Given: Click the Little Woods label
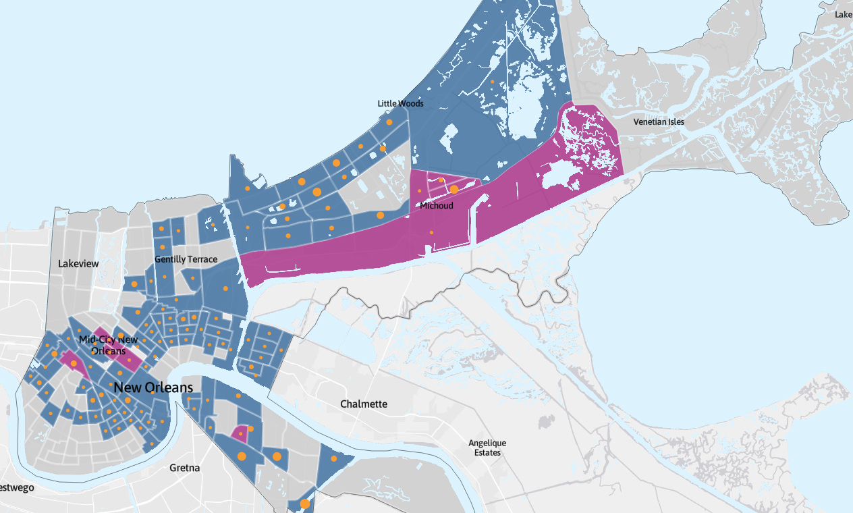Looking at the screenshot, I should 400,103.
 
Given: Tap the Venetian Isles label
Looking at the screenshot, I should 659,122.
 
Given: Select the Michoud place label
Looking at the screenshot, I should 437,205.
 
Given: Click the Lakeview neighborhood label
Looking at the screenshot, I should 78,264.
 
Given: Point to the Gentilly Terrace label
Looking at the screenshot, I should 186,259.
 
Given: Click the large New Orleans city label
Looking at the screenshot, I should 153,387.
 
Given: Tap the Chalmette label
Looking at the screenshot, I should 364,404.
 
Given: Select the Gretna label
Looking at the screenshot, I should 184,468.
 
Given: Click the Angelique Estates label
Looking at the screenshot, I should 487,448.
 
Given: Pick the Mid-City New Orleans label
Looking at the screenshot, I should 108,345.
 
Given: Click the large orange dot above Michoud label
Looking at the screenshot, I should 454,190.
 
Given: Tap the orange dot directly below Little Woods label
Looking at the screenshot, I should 389,122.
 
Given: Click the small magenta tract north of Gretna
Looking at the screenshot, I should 239,433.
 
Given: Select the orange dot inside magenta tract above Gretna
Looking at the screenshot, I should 241,433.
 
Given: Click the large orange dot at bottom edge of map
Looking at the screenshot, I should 305,504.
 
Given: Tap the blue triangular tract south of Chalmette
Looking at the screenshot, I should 333,462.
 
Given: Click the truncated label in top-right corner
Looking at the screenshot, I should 844,14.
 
